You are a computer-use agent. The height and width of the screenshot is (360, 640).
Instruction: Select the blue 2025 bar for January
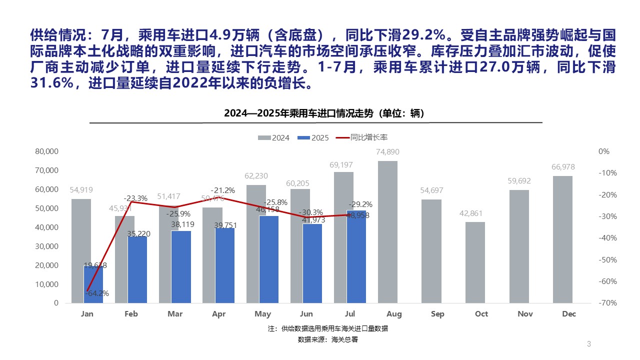click(x=93, y=285)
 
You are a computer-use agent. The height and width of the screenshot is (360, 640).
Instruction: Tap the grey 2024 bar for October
click(x=475, y=262)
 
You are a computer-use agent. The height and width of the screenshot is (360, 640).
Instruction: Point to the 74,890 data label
click(x=387, y=152)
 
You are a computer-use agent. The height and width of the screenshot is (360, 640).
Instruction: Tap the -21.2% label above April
click(x=222, y=190)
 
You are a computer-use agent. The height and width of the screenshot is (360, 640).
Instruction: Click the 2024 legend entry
click(x=274, y=138)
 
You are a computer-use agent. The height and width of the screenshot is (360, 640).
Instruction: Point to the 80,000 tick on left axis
click(x=47, y=151)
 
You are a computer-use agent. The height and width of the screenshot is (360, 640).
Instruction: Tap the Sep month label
click(x=437, y=314)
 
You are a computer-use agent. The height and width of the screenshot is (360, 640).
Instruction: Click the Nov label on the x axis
click(x=525, y=314)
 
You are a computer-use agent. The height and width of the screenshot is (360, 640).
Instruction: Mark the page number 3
click(x=589, y=344)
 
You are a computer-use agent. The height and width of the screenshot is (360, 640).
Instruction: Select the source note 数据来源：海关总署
click(x=327, y=339)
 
